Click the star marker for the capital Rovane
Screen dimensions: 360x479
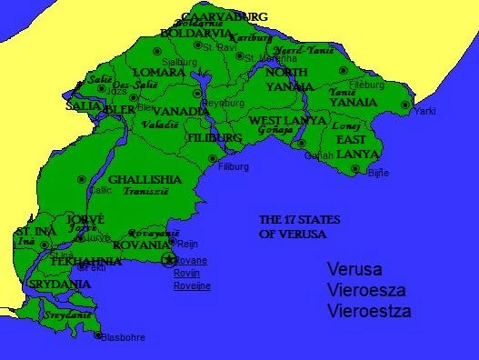coord(167,260)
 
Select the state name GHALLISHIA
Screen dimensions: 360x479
coord(145,180)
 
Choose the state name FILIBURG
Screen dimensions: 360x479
coord(214,138)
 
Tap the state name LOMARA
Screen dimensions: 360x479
coord(158,73)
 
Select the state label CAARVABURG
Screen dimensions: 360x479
coord(224,17)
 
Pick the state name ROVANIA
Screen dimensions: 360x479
coord(142,245)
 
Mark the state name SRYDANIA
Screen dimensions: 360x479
coord(59,285)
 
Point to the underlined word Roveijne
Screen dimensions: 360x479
coord(193,285)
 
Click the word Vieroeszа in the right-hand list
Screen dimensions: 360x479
coord(368,291)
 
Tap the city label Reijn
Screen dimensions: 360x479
coord(186,244)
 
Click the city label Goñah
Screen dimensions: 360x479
coord(319,156)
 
